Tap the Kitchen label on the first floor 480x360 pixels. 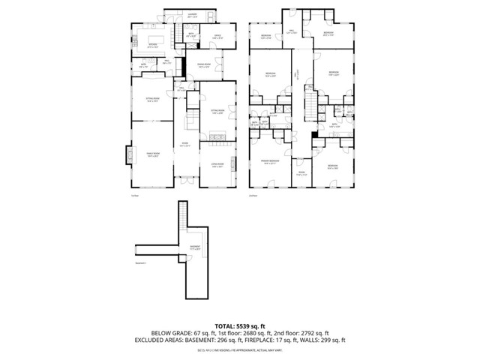pos(152,46)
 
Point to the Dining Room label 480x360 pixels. pos(203,67)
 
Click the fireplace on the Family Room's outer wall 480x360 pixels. pos(126,156)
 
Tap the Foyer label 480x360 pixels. pos(184,144)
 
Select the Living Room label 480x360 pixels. pos(217,166)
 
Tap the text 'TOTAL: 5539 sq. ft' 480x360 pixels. pos(239,326)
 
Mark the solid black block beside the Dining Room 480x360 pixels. pos(183,66)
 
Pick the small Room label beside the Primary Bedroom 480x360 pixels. pos(300,174)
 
